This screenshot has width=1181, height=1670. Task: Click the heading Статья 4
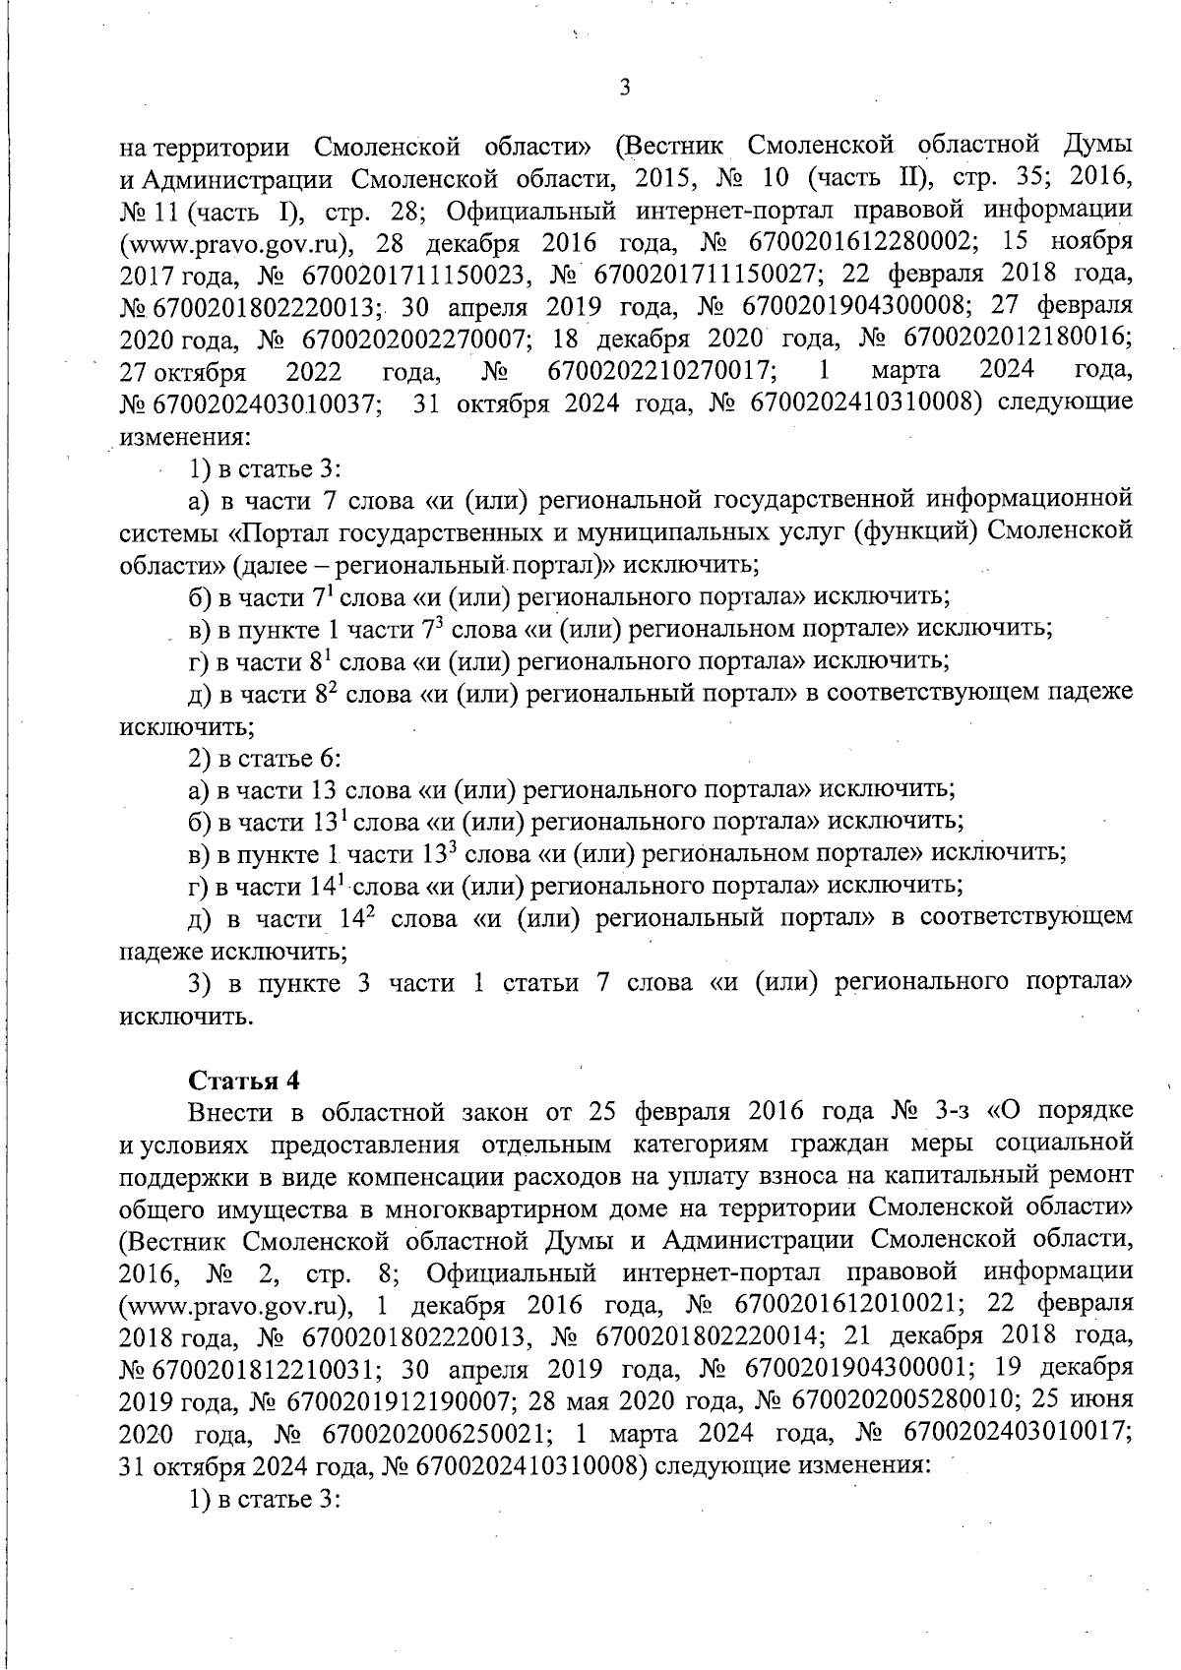(243, 1079)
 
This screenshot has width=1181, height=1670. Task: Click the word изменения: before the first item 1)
(172, 435)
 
